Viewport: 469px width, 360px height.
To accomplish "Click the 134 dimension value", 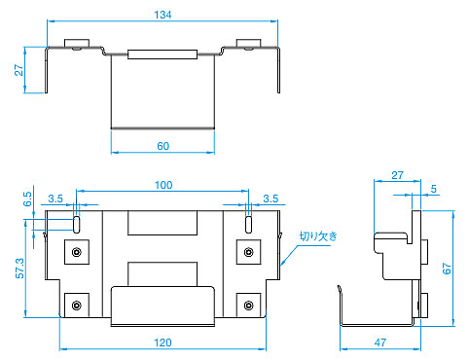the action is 162,15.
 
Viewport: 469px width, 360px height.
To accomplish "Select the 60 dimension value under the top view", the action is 163,146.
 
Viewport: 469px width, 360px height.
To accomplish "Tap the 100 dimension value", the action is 163,185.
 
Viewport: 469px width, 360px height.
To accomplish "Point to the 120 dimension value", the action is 162,342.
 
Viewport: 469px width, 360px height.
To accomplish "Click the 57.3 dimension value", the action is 19,269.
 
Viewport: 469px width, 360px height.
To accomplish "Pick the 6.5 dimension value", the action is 27,198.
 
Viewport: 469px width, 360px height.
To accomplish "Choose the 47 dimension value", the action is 380,342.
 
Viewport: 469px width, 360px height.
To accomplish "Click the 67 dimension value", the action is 447,269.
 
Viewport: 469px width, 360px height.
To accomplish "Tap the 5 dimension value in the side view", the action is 434,189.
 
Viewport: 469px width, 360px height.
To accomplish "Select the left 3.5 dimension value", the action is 55,198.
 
